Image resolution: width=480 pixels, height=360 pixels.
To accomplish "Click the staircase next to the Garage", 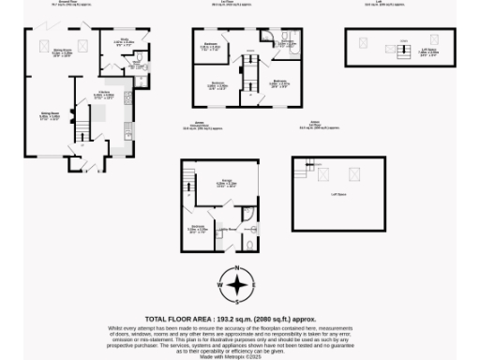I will coord(189,178).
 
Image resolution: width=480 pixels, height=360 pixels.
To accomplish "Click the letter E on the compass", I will coord(259,284).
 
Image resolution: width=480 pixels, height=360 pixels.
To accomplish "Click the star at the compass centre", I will coord(239,284).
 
